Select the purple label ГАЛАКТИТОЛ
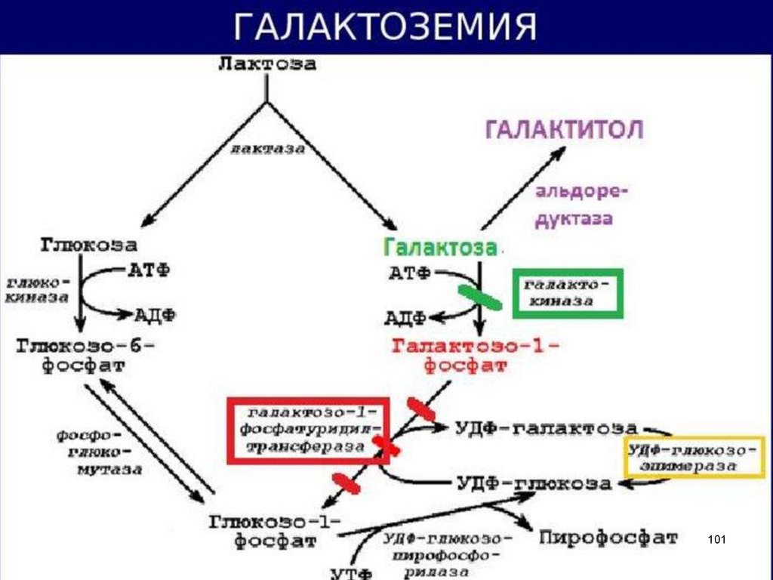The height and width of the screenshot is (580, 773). coord(564,130)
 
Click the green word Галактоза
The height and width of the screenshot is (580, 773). coord(440,247)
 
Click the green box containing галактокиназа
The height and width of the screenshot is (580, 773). coord(568,293)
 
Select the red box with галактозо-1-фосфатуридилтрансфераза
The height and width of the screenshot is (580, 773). coord(307,430)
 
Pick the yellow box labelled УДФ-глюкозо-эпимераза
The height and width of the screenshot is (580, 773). coord(693,458)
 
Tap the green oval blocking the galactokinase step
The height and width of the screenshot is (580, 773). coord(479,297)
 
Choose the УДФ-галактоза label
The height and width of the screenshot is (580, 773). coord(546,428)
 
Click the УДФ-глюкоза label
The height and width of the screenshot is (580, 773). coord(534,483)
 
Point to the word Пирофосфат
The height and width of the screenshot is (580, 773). coord(608,538)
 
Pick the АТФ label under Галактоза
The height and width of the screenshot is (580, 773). coord(408,273)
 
